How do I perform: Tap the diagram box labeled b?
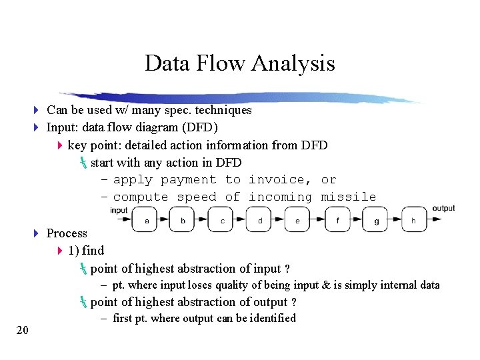(183, 220)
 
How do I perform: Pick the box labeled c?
(222, 220)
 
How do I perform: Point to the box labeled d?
(260, 220)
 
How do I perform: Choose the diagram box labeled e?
(298, 220)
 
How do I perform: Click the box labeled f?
(337, 220)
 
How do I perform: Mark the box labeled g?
(376, 220)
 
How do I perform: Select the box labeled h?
(414, 220)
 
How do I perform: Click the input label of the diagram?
(119, 211)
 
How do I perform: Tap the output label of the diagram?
(443, 208)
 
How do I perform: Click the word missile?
(348, 197)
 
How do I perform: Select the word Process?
(67, 233)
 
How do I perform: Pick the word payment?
(189, 180)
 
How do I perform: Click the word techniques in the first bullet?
(222, 110)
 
